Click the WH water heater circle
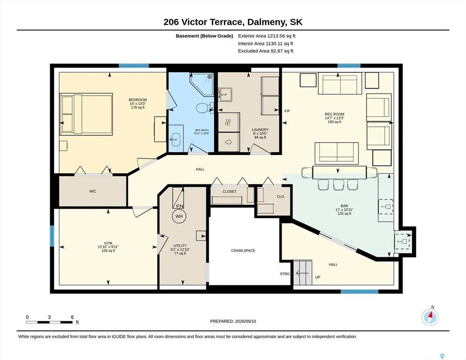(179, 216)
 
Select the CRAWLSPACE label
(243, 251)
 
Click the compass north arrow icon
(430, 317)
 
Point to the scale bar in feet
(49, 322)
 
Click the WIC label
(92, 191)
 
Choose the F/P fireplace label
(287, 111)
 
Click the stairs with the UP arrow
(303, 273)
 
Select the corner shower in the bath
(203, 84)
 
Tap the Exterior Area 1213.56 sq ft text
(267, 36)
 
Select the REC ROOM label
(334, 114)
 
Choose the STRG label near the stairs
(285, 274)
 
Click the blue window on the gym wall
(52, 236)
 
